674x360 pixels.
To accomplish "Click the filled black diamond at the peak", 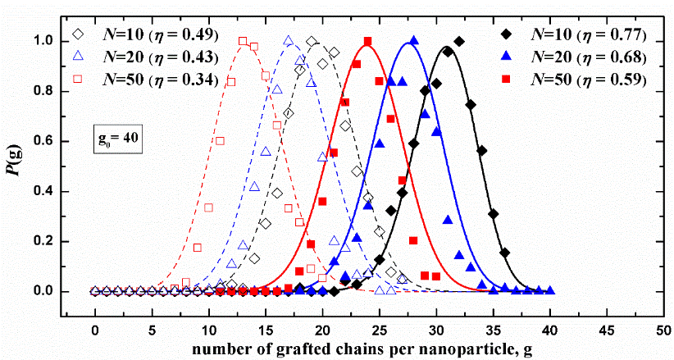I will pos(458,41).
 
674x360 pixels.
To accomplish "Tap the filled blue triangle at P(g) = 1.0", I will pos(413,40).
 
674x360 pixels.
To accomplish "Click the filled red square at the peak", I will pos(367,41).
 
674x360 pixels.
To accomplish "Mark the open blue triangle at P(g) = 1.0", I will pos(288,40).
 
